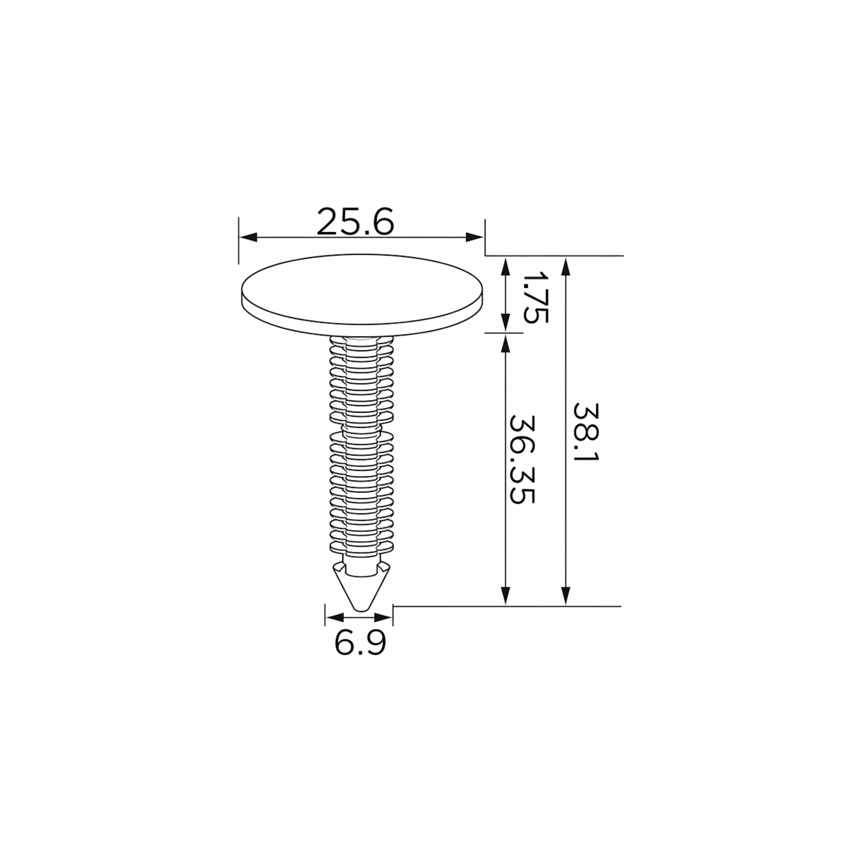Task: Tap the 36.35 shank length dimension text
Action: (522, 460)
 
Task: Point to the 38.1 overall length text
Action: (586, 433)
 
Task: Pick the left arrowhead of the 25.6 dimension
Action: (248, 237)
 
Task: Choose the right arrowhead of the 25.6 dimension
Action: (474, 237)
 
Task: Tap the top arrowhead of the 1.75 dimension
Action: (505, 267)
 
